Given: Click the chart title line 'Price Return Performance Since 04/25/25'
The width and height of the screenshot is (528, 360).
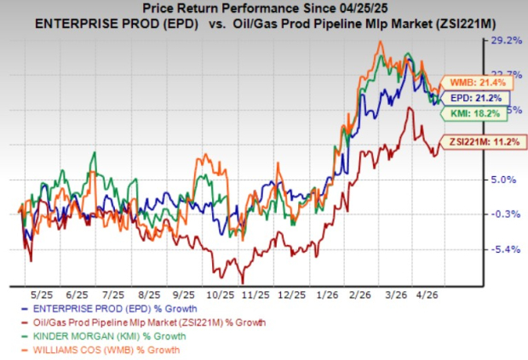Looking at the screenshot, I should click(x=264, y=8).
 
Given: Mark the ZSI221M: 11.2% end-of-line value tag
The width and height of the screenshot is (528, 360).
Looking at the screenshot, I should click(x=478, y=141).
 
